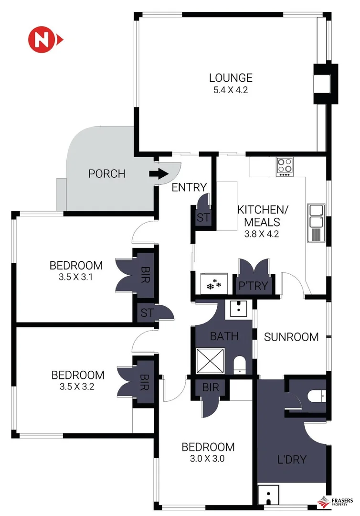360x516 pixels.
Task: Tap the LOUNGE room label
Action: [x=231, y=78]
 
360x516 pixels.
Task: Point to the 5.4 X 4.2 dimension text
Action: [x=231, y=89]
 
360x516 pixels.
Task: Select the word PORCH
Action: [x=107, y=174]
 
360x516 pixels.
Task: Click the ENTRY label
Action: [x=189, y=187]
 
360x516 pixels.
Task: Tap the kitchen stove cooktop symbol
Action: [x=285, y=166]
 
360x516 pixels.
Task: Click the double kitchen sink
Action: [x=316, y=216]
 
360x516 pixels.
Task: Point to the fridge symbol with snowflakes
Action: [x=213, y=285]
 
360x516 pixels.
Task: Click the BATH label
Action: [x=224, y=336]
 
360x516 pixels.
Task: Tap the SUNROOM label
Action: [x=291, y=337]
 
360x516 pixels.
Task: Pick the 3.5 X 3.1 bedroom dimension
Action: [x=76, y=277]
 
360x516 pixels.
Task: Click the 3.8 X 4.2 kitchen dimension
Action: [x=258, y=234]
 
